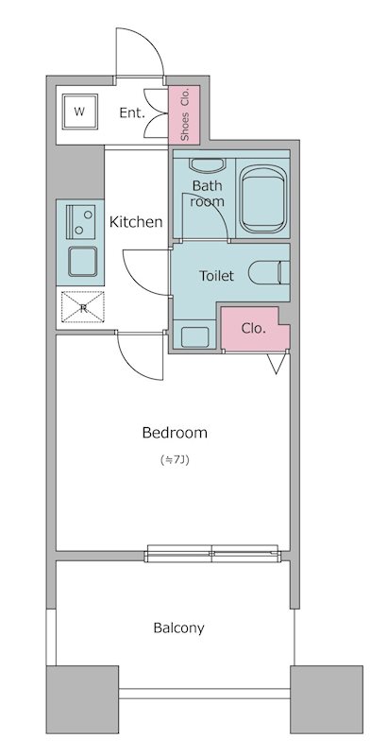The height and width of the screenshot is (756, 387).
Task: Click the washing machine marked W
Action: coord(80,112)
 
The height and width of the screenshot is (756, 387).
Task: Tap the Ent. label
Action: coord(132,113)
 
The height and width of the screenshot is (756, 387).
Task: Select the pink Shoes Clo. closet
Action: coord(184,114)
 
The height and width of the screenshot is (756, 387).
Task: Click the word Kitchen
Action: coord(136,222)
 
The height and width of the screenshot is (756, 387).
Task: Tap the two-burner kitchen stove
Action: coord(80,221)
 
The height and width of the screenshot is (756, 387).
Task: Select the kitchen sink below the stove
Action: coord(82,262)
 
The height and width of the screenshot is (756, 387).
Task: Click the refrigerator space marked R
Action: coord(83,307)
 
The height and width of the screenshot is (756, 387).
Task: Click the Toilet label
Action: coord(216,276)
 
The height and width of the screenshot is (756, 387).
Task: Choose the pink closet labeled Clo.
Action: coord(255,328)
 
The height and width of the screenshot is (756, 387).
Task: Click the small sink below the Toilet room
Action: coord(195,336)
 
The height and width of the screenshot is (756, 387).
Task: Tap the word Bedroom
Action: coord(175,433)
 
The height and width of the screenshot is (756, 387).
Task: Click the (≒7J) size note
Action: coord(175,460)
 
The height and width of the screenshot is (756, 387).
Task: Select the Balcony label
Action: coord(179,628)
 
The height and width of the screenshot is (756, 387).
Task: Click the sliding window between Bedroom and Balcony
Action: coord(212,553)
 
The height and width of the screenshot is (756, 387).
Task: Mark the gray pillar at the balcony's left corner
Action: coord(82,699)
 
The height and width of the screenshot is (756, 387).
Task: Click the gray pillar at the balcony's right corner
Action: coord(327,699)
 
